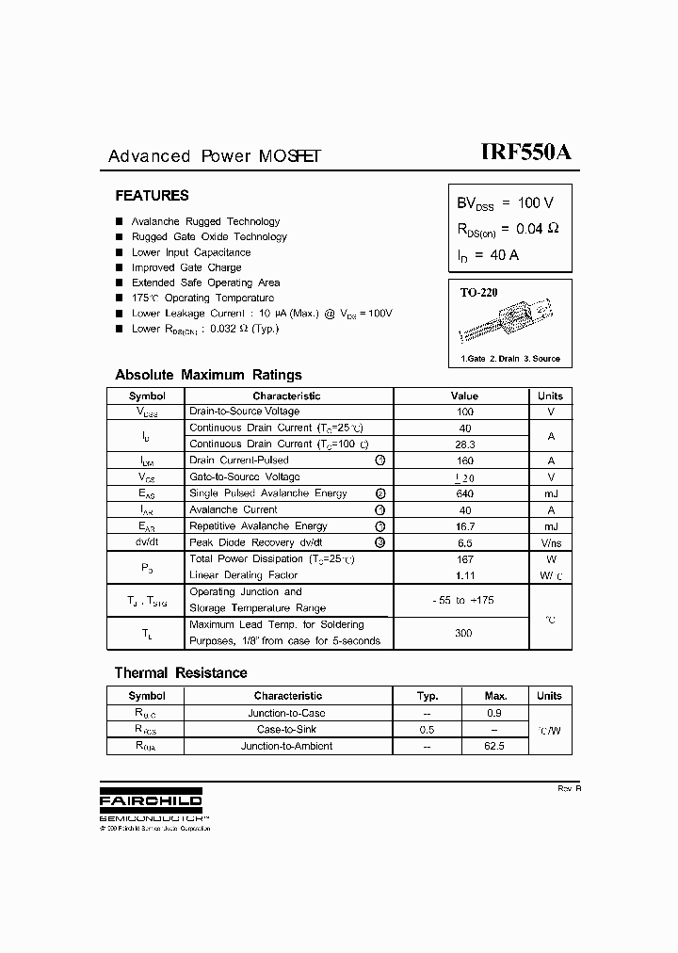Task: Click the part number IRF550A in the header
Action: point(525,153)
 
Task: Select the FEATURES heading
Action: point(152,196)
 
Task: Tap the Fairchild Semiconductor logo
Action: point(151,801)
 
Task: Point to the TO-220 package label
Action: point(478,293)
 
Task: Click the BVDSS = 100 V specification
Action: point(505,203)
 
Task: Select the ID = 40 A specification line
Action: point(488,255)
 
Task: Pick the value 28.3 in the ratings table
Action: point(464,444)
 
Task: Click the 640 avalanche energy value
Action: point(464,493)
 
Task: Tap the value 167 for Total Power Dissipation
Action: point(464,559)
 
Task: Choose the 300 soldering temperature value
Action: point(464,633)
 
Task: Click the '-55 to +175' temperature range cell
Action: point(464,600)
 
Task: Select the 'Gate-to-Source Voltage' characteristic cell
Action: point(244,477)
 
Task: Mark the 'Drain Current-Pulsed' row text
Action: point(239,460)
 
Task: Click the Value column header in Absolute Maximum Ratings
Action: point(464,396)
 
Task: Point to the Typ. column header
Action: point(428,696)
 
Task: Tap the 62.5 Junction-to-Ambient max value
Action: point(494,746)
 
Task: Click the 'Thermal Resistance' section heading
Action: point(181,673)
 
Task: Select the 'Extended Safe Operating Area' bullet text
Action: point(205,283)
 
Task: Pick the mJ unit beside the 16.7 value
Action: point(551,526)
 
